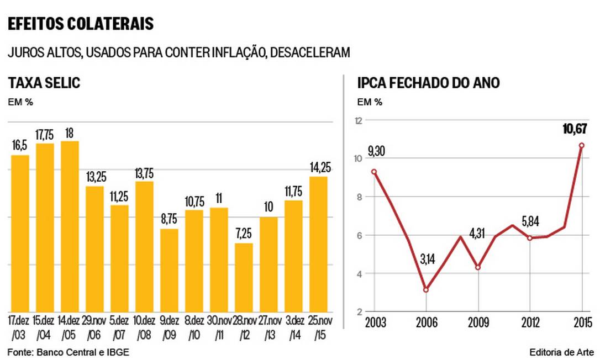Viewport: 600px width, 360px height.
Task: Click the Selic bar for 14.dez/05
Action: pos(70,226)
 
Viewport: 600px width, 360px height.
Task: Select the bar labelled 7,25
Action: pos(244,277)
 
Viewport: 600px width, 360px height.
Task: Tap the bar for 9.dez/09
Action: pos(169,270)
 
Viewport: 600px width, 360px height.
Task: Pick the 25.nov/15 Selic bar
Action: pos(318,244)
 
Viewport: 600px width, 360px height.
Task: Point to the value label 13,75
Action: pos(144,173)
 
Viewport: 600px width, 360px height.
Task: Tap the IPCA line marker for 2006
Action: pos(426,289)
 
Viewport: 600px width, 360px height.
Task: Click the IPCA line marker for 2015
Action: pos(582,145)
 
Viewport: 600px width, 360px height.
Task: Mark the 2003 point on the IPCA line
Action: pos(374,171)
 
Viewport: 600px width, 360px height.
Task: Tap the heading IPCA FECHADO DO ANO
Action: pos(429,83)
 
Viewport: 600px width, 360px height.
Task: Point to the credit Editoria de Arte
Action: pos(560,352)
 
